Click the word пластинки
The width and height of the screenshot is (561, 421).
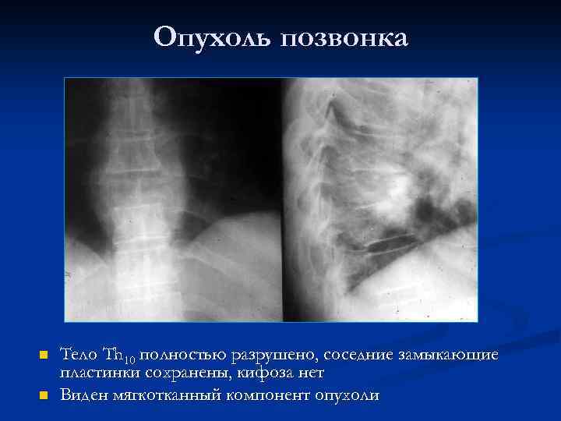(101, 374)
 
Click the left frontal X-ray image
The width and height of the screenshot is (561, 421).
(172, 200)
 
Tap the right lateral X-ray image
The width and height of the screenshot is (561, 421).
(379, 200)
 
